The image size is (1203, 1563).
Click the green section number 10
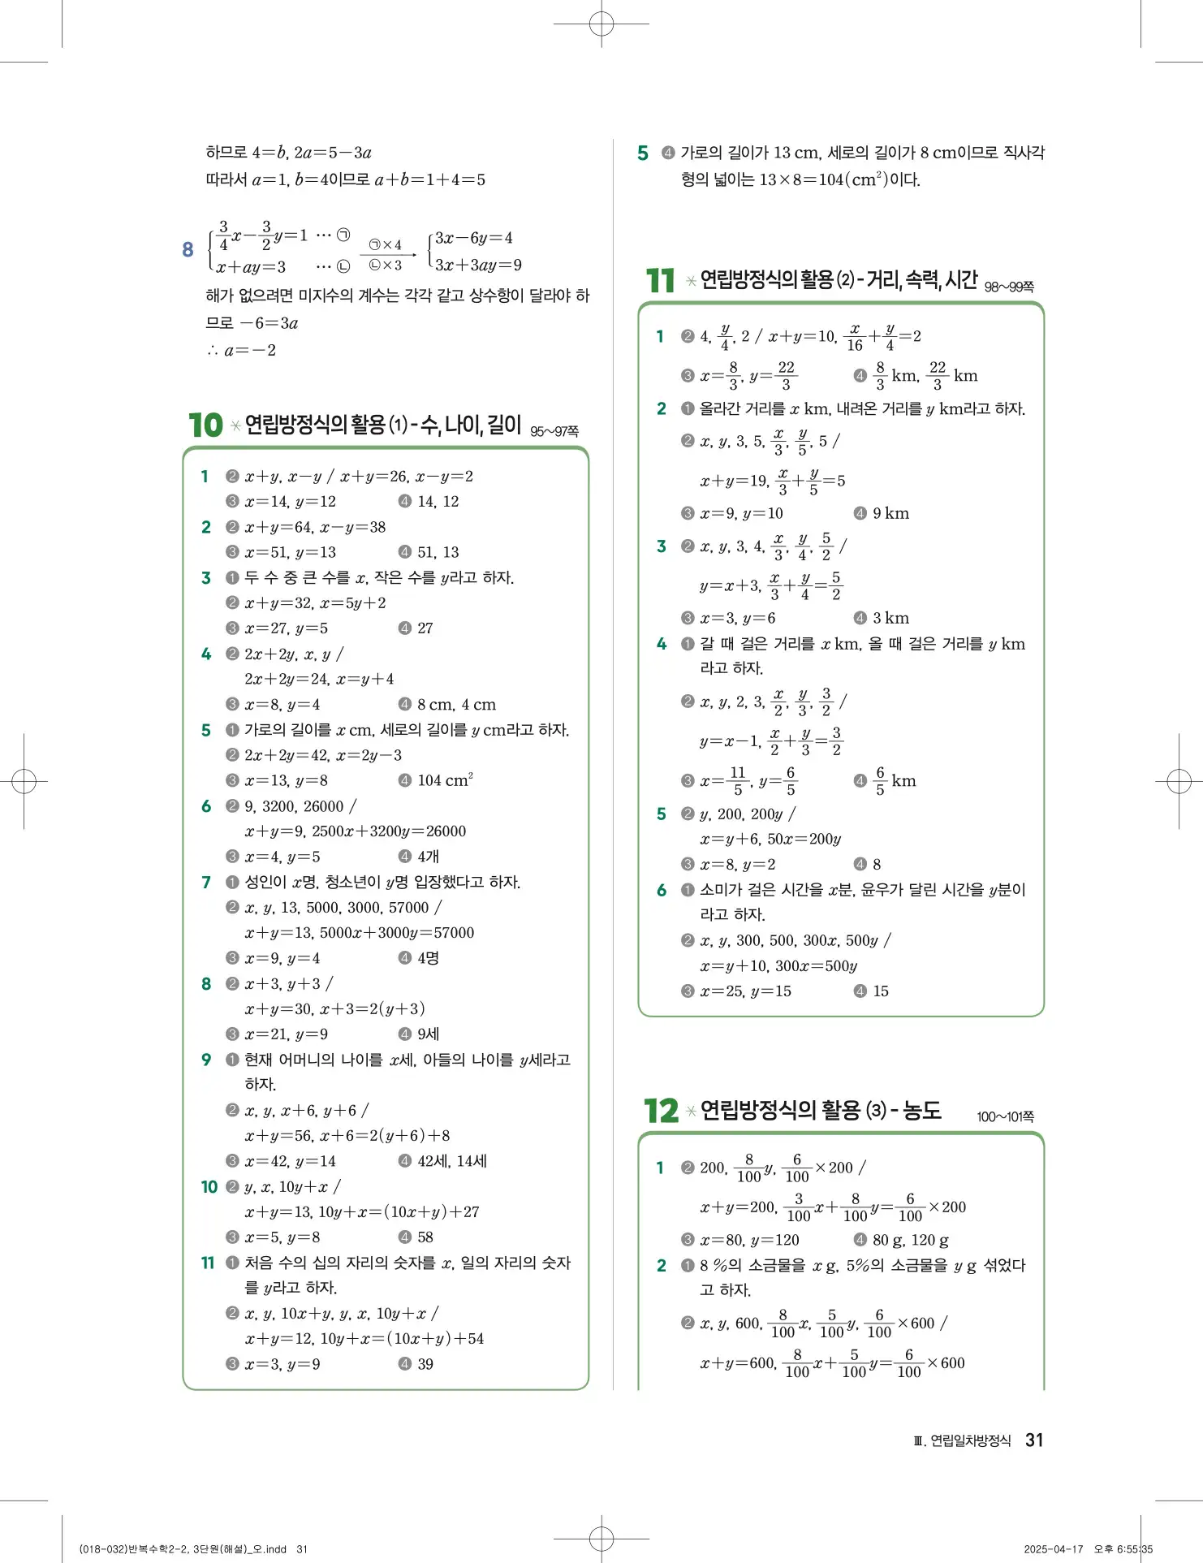[205, 425]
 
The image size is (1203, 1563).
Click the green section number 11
[660, 281]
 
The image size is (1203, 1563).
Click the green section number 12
[661, 1111]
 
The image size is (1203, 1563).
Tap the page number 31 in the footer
[1033, 1440]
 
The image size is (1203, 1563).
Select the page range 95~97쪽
[554, 431]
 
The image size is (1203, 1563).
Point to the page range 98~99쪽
[1009, 287]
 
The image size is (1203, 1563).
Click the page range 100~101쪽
[1005, 1116]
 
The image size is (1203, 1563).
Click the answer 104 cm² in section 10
[445, 780]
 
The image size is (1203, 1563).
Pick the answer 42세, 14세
[452, 1161]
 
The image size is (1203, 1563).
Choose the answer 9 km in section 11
[890, 513]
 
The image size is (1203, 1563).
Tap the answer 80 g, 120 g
[910, 1240]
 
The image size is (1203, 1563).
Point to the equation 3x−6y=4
[474, 238]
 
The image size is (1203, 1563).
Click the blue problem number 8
[188, 250]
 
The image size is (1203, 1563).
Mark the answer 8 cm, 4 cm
[456, 705]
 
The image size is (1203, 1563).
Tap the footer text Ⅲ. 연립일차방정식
[963, 1440]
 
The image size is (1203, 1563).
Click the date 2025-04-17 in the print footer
[1053, 1548]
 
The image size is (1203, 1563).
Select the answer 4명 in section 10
[428, 958]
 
